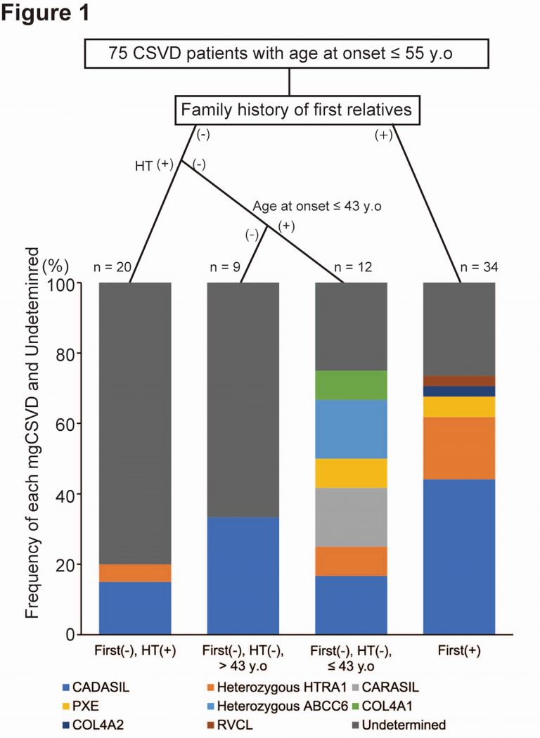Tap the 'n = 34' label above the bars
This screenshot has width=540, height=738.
(x=459, y=268)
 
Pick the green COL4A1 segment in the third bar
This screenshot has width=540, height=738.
(x=351, y=385)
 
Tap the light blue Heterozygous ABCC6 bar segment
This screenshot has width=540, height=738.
(x=351, y=429)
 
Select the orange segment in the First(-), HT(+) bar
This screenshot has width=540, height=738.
(x=135, y=573)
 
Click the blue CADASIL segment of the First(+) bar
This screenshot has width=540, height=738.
(x=459, y=557)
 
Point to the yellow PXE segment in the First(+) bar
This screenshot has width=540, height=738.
(x=459, y=407)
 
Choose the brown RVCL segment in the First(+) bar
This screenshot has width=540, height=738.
(x=459, y=381)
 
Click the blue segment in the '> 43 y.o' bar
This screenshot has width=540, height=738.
(x=243, y=576)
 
